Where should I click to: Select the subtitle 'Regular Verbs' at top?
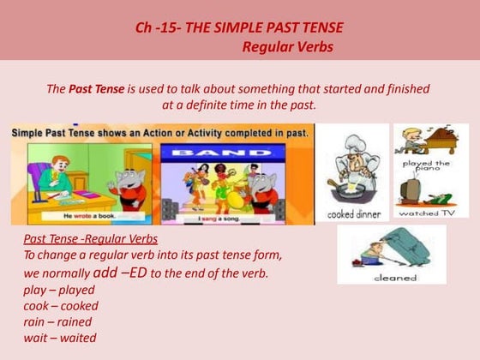pos(287,46)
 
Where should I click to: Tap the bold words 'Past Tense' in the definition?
pos(93,89)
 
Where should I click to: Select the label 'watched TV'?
pos(432,212)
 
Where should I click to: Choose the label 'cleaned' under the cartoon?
pos(395,277)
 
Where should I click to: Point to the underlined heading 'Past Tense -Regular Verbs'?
pos(90,239)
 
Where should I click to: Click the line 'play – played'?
pos(60,290)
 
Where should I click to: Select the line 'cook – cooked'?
pos(61,306)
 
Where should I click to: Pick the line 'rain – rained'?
pos(57,321)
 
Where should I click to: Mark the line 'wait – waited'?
pos(59,338)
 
